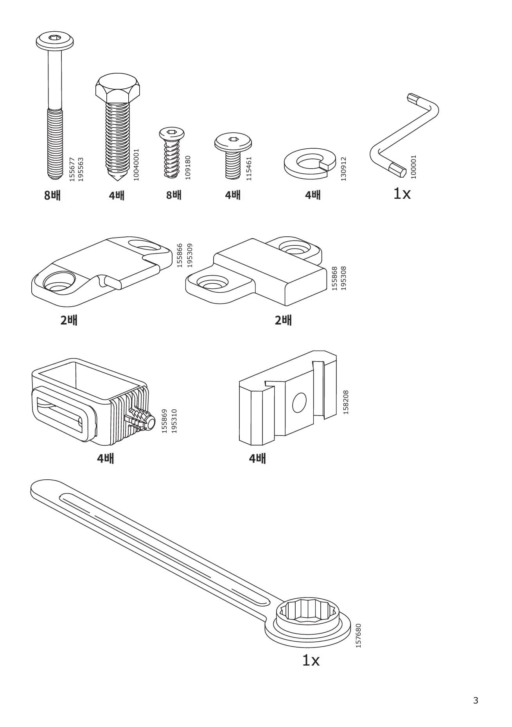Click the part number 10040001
tap(136, 164)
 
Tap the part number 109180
tap(188, 167)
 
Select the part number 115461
tap(249, 168)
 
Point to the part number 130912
tap(344, 169)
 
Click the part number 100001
tap(414, 167)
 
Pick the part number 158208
tap(345, 402)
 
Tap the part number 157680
tap(358, 635)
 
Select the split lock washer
tap(309, 163)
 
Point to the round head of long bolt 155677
tap(55, 40)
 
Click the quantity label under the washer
tap(313, 194)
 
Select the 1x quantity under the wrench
tap(311, 660)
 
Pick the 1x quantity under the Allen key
tap(402, 193)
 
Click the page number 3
tap(476, 700)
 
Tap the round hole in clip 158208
tap(300, 403)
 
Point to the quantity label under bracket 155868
tap(283, 320)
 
